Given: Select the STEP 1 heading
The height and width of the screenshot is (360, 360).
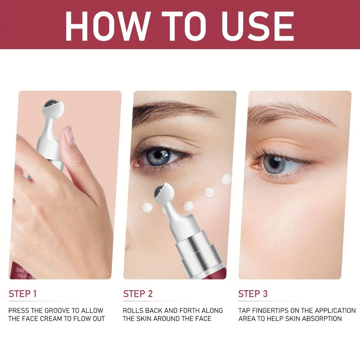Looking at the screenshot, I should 22,294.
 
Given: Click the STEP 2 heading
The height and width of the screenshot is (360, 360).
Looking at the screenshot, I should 138,294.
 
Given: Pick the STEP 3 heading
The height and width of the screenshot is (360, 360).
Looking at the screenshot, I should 253,294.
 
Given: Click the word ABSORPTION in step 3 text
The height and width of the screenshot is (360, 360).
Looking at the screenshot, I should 320,319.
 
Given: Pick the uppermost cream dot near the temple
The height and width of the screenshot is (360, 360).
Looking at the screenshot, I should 227,179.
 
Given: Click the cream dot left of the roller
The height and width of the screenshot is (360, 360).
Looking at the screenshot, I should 147,207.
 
